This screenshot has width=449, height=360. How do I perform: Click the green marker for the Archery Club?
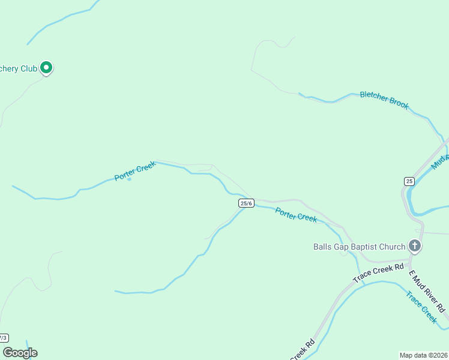pyautogui.click(x=47, y=68)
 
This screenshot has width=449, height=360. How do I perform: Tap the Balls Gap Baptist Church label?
pyautogui.click(x=359, y=246)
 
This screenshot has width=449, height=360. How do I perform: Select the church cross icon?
pyautogui.click(x=414, y=245)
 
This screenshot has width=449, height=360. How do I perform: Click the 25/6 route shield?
pyautogui.click(x=246, y=203)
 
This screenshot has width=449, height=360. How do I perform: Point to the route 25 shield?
pyautogui.click(x=409, y=181)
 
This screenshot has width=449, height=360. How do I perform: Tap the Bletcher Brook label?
pyautogui.click(x=384, y=100)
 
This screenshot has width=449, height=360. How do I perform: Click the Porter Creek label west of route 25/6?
pyautogui.click(x=135, y=171)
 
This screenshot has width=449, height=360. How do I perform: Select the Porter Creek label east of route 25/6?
pyautogui.click(x=296, y=214)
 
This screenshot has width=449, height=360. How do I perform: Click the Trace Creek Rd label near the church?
pyautogui.click(x=378, y=272)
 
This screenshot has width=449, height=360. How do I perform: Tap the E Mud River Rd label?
pyautogui.click(x=427, y=291)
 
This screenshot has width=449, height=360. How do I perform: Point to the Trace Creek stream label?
pyautogui.click(x=421, y=307)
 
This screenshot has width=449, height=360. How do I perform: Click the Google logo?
pyautogui.click(x=20, y=353)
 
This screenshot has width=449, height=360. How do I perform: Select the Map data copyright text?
pyautogui.click(x=423, y=355)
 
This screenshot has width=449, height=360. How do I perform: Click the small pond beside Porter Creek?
pyautogui.click(x=129, y=179)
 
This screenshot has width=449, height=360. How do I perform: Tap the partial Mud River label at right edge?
pyautogui.click(x=440, y=160)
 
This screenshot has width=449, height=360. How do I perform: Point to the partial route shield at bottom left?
pyautogui.click(x=4, y=338)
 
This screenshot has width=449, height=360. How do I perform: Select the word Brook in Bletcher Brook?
pyautogui.click(x=397, y=103)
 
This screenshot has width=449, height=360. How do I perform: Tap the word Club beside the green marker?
pyautogui.click(x=29, y=68)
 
